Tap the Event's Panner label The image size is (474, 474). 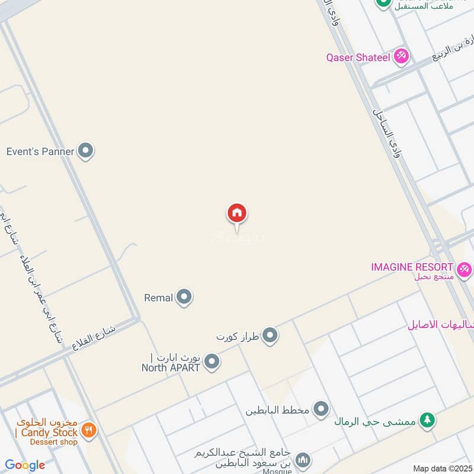coord(40,151)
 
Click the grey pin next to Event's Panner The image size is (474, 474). coord(86,151)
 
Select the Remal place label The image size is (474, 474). coord(158,297)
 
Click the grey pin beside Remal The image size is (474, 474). coord(184,297)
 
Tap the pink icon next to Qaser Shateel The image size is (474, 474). coord(402,56)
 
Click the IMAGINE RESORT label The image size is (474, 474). coord(412,267)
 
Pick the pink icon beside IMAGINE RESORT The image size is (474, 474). coord(464,268)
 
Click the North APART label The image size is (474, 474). coord(171,367)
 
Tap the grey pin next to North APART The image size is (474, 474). coord(212,361)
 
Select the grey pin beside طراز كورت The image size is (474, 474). coord(270,336)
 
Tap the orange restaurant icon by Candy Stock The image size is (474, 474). coord(89,430)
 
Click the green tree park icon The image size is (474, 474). coord(427,421)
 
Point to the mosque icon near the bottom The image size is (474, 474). coord(303,460)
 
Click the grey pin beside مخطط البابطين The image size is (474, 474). coord(321,409)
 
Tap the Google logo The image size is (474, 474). coord(25,465)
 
